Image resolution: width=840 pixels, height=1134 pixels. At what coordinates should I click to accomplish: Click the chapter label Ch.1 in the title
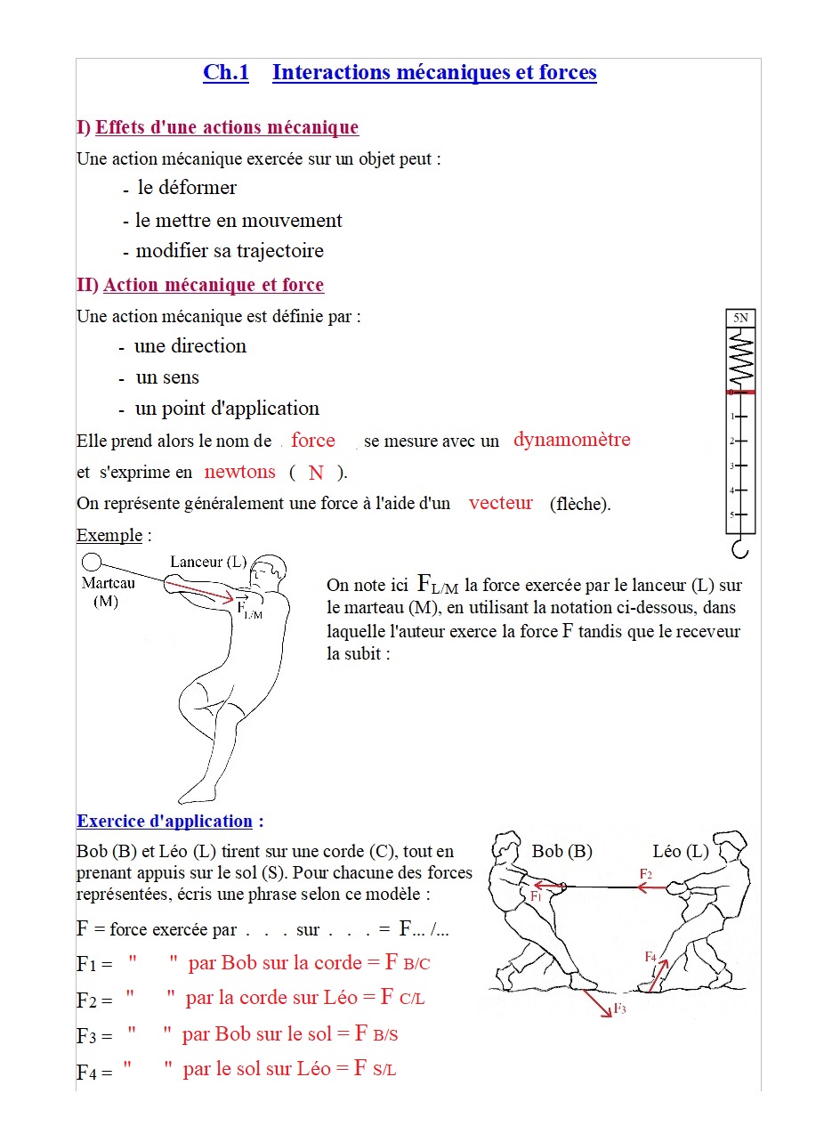[x=226, y=73]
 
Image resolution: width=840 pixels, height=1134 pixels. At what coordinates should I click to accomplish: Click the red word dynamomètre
[x=571, y=440]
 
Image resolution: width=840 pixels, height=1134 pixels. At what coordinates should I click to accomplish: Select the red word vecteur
[x=500, y=503]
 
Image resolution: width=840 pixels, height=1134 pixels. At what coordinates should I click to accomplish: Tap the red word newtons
[x=239, y=472]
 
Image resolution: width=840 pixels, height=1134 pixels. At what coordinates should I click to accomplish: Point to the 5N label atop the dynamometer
[x=740, y=318]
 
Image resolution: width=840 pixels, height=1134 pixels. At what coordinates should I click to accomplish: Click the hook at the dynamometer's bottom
[x=739, y=547]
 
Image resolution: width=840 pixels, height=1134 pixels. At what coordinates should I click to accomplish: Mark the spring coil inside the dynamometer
[x=740, y=358]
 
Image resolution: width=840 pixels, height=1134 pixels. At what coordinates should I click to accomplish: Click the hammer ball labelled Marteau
[x=92, y=563]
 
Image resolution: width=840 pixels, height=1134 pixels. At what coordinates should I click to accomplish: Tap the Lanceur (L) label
[x=208, y=562]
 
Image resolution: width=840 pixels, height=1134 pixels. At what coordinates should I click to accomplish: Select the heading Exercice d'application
[x=165, y=822]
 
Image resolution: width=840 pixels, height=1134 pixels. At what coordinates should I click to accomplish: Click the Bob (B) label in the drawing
[x=561, y=851]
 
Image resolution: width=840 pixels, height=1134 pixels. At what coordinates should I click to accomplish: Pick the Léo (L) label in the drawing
[x=680, y=851]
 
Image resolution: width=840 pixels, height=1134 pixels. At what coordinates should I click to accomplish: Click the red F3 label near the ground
[x=620, y=1009]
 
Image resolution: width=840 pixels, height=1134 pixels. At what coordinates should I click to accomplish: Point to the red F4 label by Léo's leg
[x=650, y=956]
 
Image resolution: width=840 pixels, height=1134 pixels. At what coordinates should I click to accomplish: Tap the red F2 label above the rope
[x=646, y=875]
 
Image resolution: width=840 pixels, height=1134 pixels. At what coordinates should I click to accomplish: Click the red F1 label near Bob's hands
[x=537, y=896]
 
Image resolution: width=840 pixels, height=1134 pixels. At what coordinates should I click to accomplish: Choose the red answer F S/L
[x=375, y=1069]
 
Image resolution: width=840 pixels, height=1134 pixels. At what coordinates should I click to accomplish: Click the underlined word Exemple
[x=109, y=535]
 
